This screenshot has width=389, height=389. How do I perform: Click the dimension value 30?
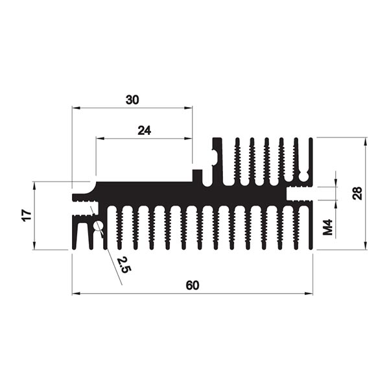click(132, 100)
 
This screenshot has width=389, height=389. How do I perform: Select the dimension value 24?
click(145, 130)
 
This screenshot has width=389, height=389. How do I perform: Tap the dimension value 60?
click(193, 285)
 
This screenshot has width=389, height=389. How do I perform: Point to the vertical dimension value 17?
click(27, 215)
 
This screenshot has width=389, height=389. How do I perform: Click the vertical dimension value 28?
click(357, 193)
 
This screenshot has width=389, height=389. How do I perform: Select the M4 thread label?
click(328, 227)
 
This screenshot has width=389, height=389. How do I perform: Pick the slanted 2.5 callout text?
click(124, 265)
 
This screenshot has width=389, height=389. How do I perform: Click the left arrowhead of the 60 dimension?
click(76, 294)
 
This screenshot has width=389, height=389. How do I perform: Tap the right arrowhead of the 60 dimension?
click(309, 294)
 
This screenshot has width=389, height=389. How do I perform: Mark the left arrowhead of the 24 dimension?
click(100, 139)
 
